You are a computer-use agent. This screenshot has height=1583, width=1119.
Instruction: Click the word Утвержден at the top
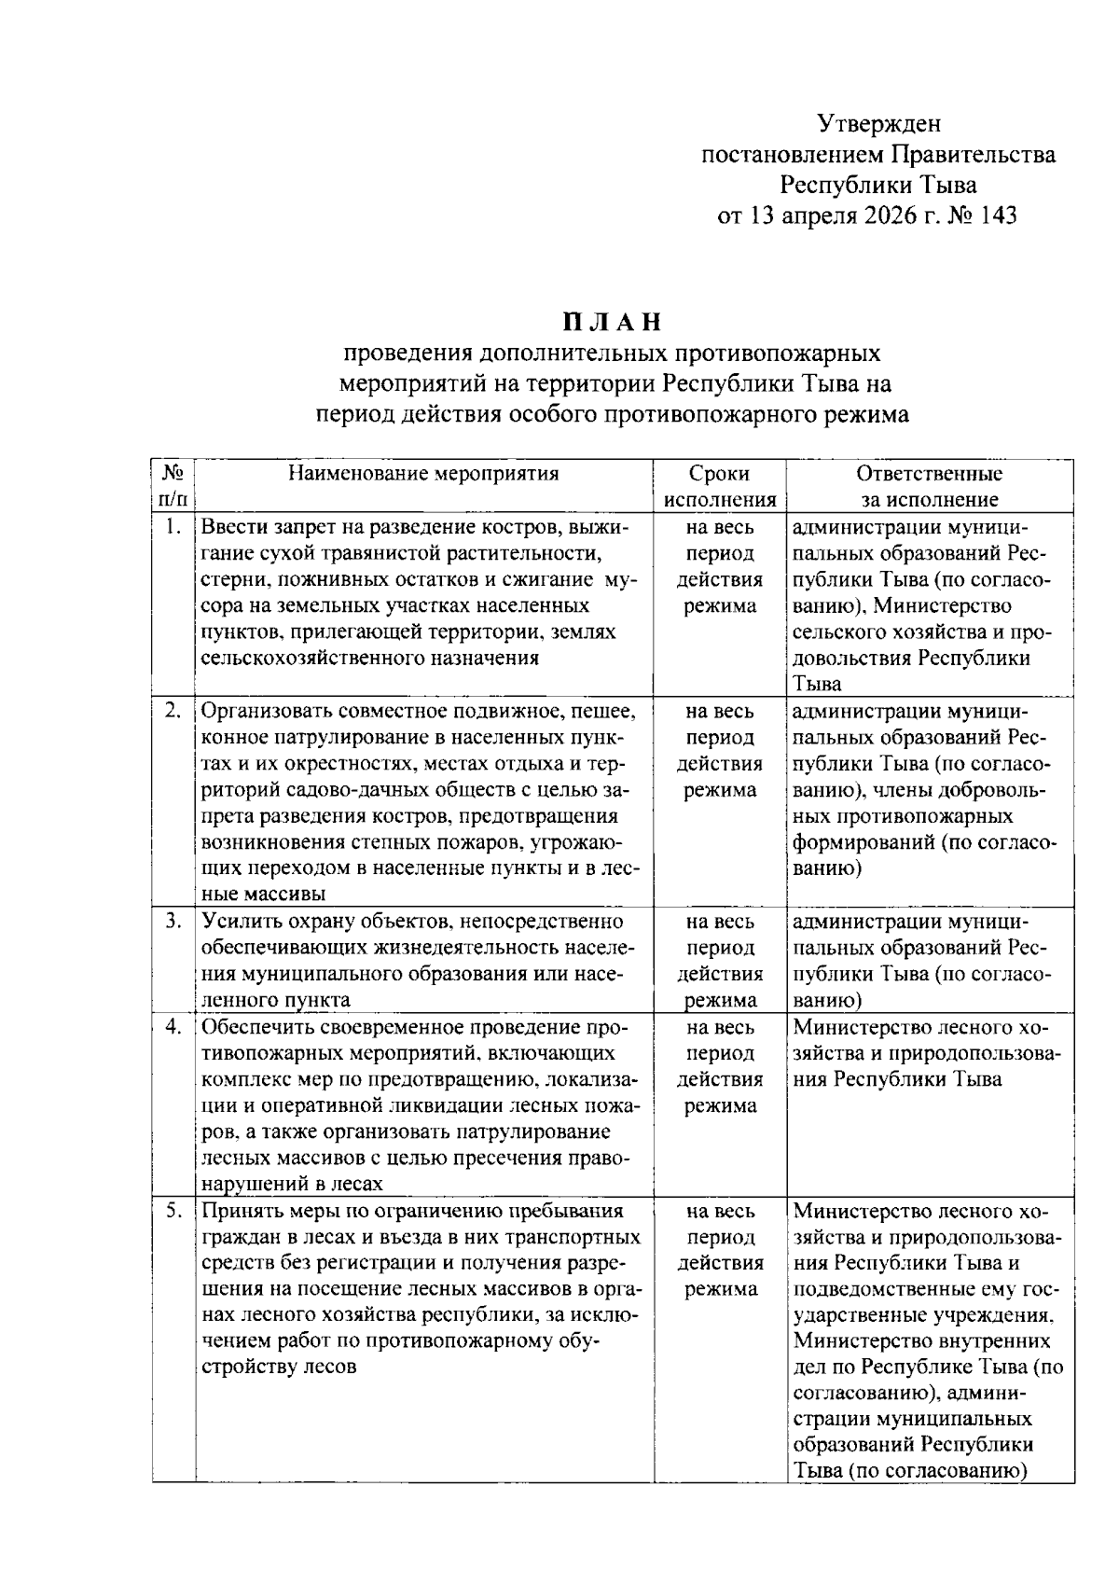(878, 123)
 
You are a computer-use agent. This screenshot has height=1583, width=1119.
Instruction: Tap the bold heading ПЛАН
(612, 323)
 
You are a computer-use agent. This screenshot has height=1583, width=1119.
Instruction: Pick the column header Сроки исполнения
(719, 486)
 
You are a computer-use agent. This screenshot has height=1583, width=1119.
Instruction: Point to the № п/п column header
(172, 486)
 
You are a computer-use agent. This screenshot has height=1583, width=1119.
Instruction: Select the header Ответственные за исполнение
(929, 486)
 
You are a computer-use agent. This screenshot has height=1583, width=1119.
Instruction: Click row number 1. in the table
(172, 527)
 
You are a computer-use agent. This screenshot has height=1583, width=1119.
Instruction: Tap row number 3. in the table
(172, 922)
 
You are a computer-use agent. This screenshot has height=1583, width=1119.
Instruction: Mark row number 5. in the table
(172, 1212)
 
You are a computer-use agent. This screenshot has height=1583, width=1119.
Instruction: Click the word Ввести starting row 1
(233, 527)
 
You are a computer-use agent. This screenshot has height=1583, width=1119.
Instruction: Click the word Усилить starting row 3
(237, 923)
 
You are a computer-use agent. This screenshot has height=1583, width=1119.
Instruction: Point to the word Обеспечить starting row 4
(252, 1028)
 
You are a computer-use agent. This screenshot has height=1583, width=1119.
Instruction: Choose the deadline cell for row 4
(719, 1067)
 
